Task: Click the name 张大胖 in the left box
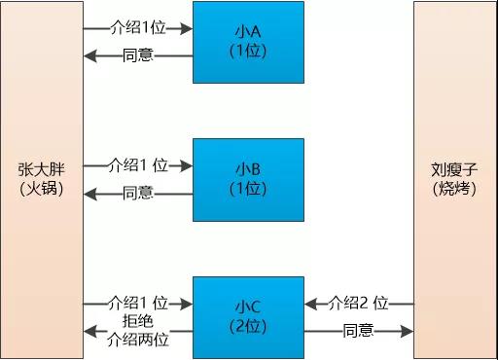coord(41,168)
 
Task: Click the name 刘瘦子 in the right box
coord(455,168)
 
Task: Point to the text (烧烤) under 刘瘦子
coord(455,188)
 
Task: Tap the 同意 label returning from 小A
coord(138,55)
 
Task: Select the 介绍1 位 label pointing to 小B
coord(139,165)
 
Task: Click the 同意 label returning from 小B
coord(138,193)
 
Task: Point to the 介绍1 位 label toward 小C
coord(139,303)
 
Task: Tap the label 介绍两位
coord(138,340)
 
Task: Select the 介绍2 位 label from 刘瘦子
coord(360,303)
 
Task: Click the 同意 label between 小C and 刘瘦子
coord(358,331)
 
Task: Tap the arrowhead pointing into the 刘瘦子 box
coord(409,331)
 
